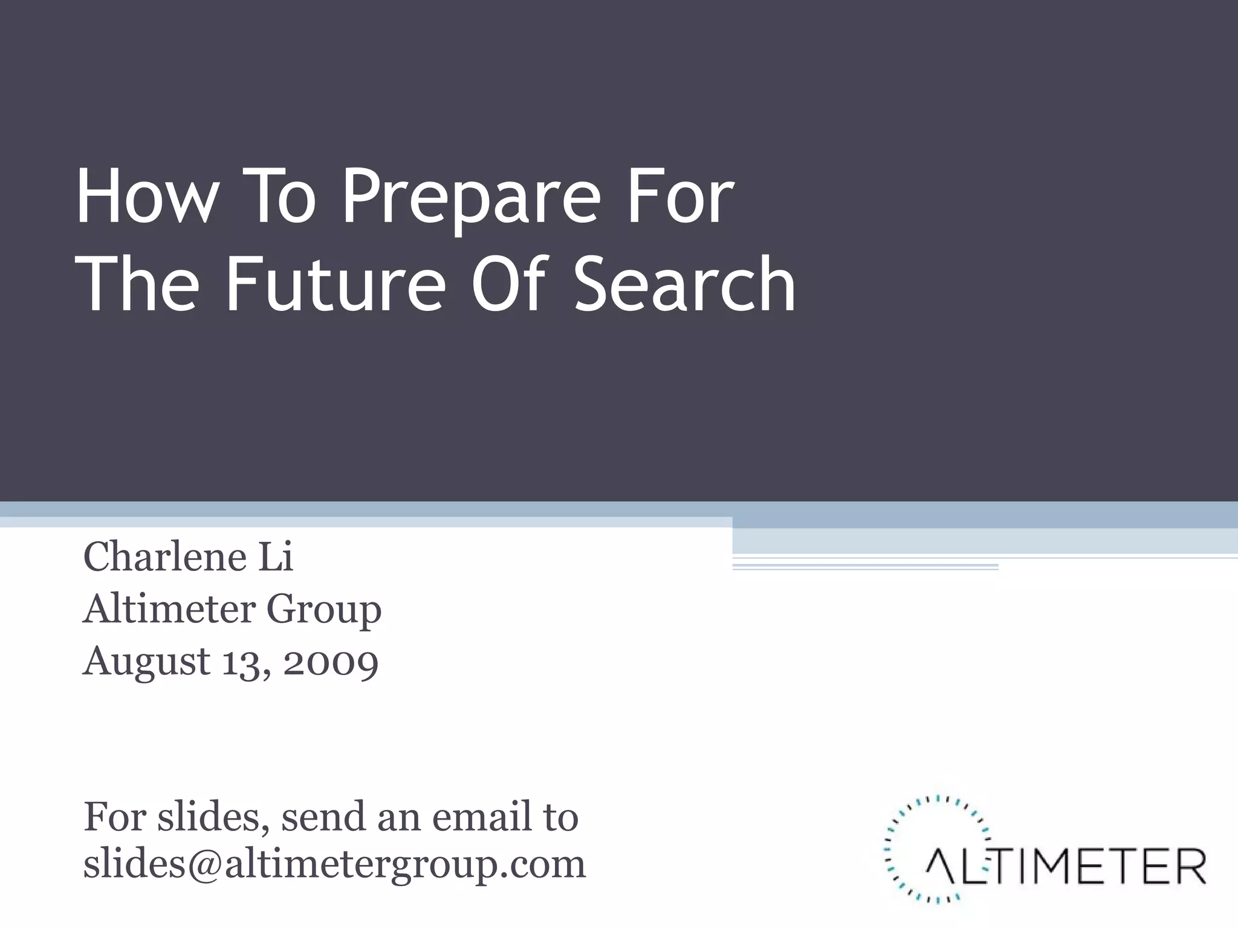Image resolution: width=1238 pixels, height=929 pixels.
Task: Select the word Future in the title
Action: (335, 284)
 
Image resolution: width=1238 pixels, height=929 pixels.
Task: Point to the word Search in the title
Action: (684, 284)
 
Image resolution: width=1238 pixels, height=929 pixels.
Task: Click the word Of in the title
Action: (509, 284)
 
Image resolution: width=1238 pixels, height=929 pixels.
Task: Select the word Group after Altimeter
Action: (324, 610)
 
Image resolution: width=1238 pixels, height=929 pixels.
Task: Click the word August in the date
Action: (147, 662)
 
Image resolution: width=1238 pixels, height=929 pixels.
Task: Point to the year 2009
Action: (331, 662)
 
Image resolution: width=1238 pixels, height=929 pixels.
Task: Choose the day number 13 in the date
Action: (243, 662)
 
